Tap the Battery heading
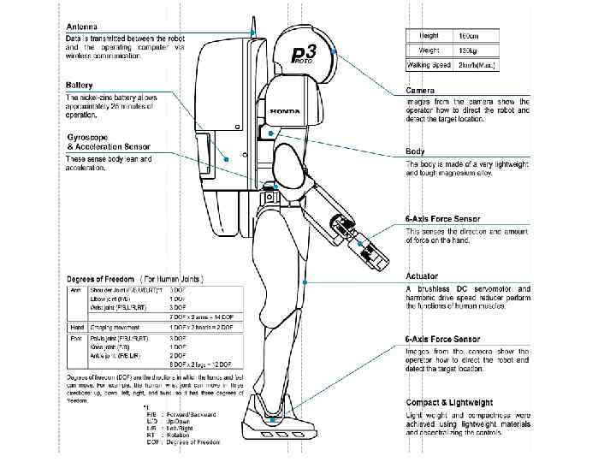click(80, 86)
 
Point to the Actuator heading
click(421, 276)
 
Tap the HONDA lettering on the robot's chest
click(285, 112)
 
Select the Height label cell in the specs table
click(429, 36)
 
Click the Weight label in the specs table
click(429, 50)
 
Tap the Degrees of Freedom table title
click(135, 280)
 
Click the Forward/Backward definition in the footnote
click(193, 413)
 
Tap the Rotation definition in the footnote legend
click(181, 435)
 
